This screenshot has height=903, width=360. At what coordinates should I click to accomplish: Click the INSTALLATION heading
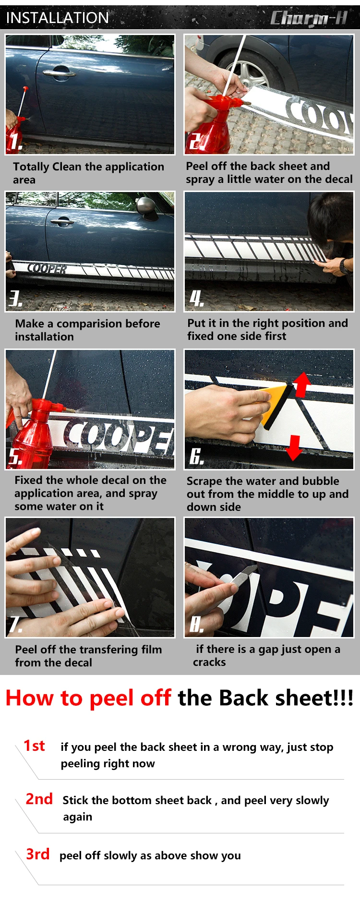click(x=57, y=18)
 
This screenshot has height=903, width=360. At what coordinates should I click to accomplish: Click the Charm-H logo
click(x=309, y=18)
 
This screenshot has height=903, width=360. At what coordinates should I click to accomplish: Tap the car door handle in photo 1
click(x=59, y=73)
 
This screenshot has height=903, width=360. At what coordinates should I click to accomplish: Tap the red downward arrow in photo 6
click(x=294, y=447)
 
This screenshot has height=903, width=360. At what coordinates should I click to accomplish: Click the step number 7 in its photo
click(x=16, y=624)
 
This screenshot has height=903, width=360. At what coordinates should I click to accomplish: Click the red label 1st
click(x=34, y=746)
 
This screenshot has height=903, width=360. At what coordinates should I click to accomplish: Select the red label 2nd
click(x=39, y=799)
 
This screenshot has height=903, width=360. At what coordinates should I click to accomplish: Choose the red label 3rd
click(x=38, y=854)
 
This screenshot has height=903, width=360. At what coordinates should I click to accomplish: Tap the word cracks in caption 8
click(x=209, y=662)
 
